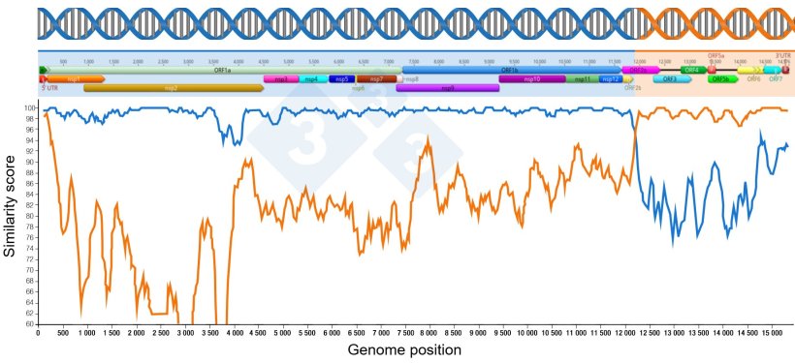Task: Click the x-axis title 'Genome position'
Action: click(x=404, y=349)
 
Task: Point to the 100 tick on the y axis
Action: click(x=29, y=108)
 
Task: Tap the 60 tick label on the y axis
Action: click(x=29, y=324)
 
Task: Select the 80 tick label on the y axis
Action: click(x=29, y=216)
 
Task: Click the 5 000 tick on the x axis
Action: click(x=282, y=334)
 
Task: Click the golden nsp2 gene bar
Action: click(x=175, y=88)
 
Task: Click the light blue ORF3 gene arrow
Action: click(x=670, y=79)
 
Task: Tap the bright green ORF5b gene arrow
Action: click(x=719, y=79)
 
